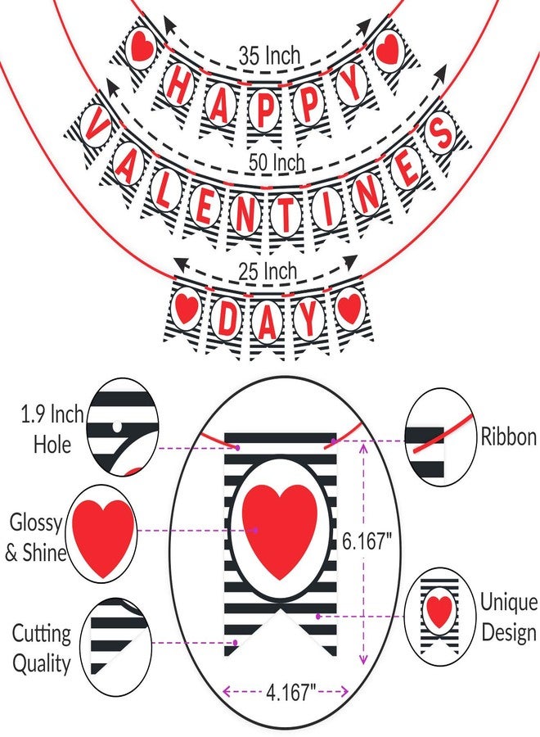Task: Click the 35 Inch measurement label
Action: click(x=269, y=56)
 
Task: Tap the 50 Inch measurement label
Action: click(x=277, y=162)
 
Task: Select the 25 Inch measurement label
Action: click(x=268, y=271)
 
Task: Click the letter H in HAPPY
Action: click(x=178, y=85)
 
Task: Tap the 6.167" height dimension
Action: click(x=367, y=541)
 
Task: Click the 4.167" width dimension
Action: click(x=290, y=691)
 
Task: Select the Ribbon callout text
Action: click(x=509, y=436)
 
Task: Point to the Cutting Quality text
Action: click(x=42, y=648)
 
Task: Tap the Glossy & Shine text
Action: click(x=35, y=536)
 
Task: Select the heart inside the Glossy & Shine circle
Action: click(x=104, y=538)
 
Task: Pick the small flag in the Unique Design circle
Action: click(x=439, y=615)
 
